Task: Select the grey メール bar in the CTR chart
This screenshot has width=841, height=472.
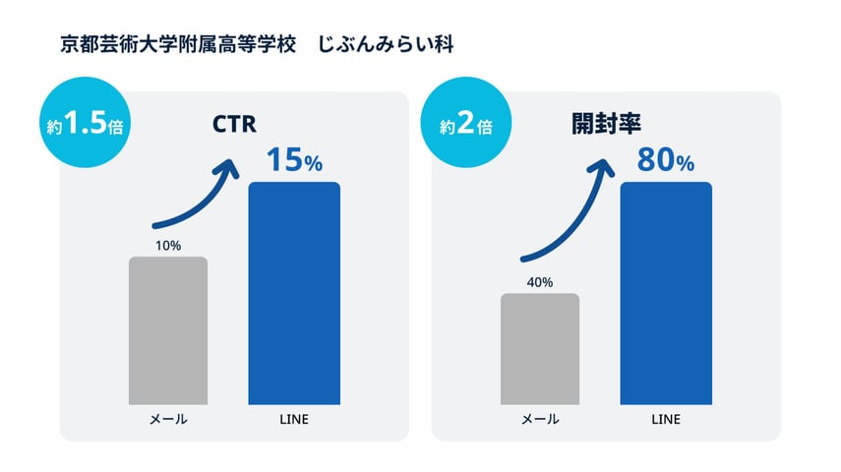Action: (x=168, y=330)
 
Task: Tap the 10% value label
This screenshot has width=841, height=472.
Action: (x=168, y=246)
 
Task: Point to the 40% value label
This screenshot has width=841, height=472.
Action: (x=540, y=282)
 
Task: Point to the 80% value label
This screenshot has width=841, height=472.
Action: (x=666, y=160)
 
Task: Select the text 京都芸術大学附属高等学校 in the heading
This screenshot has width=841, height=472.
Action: (x=177, y=45)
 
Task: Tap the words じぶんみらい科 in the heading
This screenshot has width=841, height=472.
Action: (x=386, y=45)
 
